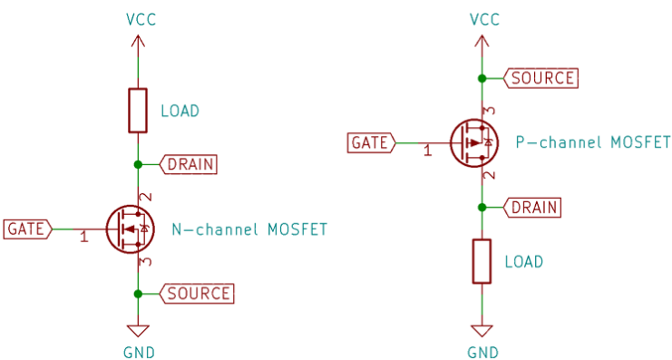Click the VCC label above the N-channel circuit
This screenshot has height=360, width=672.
[138, 19]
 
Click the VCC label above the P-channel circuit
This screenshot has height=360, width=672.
[483, 19]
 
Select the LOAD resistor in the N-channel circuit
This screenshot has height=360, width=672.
[138, 111]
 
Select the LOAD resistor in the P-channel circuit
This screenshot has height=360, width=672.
[482, 261]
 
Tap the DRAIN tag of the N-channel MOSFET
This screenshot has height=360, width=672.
[189, 164]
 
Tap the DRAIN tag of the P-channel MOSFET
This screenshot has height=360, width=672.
[532, 207]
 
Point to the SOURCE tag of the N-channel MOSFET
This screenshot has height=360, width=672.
[197, 293]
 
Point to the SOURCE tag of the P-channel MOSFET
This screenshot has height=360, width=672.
[541, 78]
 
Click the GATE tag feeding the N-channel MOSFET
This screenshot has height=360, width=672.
[28, 229]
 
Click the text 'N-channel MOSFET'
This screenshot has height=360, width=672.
[248, 229]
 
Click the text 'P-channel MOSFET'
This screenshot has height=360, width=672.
[592, 142]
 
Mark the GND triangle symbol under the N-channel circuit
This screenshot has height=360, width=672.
[138, 331]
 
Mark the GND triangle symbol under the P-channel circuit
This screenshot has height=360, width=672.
[482, 331]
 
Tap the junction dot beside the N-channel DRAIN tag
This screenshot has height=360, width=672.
[138, 164]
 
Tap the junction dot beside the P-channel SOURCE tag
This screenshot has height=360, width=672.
[482, 78]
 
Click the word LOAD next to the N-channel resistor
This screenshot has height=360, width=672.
[179, 111]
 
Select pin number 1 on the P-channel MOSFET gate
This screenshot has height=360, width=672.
[427, 151]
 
